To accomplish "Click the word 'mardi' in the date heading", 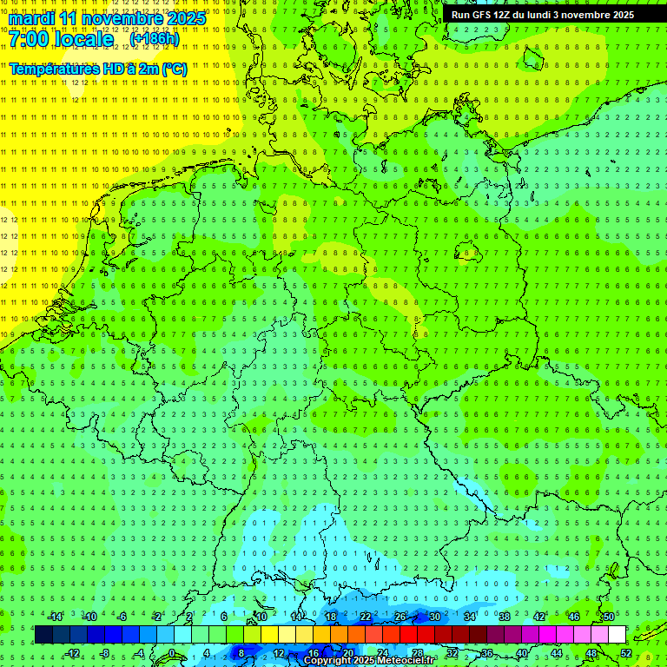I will (x=33, y=18).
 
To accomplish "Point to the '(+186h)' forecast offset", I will (x=154, y=40).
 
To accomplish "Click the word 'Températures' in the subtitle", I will (x=51, y=69).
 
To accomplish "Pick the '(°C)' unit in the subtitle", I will (x=174, y=69).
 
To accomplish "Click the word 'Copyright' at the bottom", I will (x=328, y=661).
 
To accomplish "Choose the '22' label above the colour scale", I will (x=366, y=617).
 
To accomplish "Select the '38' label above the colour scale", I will (x=505, y=617).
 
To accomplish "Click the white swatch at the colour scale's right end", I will (x=617, y=635).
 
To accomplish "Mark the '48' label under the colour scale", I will (x=591, y=653).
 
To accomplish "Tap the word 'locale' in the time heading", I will (x=86, y=40).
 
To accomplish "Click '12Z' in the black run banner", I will (x=502, y=15).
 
